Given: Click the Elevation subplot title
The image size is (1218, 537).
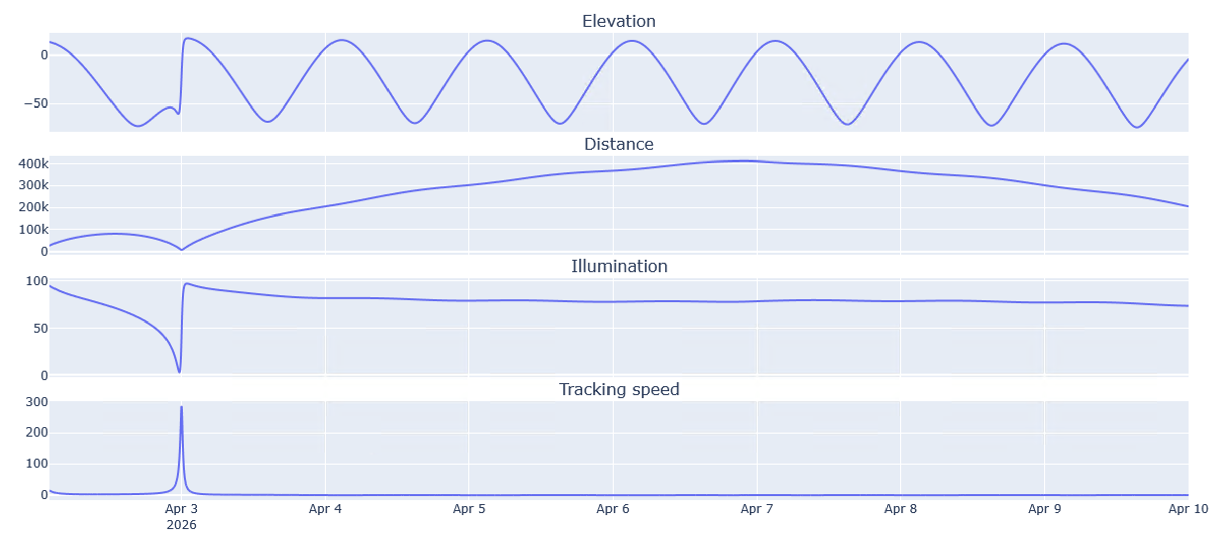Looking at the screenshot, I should (x=619, y=21).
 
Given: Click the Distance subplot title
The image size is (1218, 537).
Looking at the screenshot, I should (x=619, y=144).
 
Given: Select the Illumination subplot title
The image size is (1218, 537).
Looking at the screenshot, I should (x=619, y=266).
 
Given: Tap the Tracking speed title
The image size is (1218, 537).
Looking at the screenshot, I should (x=619, y=389).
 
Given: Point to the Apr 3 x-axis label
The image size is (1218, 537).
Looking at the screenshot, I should (x=181, y=509).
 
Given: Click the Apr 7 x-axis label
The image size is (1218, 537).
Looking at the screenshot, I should (x=756, y=509).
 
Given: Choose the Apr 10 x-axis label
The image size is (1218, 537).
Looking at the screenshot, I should (x=1188, y=509).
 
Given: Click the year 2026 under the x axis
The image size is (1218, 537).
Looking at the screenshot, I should (x=181, y=525).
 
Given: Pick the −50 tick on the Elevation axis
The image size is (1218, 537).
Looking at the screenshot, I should (x=36, y=104).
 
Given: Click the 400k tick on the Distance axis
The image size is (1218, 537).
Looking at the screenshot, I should (x=34, y=164).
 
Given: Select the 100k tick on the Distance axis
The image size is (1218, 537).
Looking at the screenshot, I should (x=34, y=230).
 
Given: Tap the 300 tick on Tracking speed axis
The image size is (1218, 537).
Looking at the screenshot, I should (x=37, y=402).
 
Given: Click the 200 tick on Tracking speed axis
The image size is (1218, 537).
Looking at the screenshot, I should (x=37, y=433).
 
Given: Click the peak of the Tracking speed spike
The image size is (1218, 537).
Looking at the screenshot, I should (x=181, y=407).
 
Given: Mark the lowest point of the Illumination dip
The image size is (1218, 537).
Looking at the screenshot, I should (x=179, y=372).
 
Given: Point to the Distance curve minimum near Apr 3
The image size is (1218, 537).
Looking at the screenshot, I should (x=182, y=250).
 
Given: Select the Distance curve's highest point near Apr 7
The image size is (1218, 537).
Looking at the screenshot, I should (x=742, y=161).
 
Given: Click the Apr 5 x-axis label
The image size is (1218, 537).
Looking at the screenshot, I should (x=469, y=509).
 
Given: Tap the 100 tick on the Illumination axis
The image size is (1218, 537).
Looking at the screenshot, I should (x=37, y=281).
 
